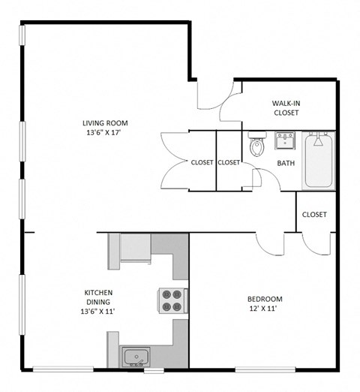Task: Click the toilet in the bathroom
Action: coord(257,144)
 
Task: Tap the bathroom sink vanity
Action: coord(284,140)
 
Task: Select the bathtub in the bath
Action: coord(319,161)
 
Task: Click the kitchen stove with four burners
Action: coord(172,300)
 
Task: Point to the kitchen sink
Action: coord(136,356)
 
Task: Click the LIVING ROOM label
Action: coord(105,124)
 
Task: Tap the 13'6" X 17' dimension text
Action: coord(105,134)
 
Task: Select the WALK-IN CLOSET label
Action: coord(285,107)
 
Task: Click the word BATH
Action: coord(286,163)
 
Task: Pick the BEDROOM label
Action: coord(265,300)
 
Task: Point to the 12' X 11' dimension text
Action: coord(265,309)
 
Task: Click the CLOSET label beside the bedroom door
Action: coord(314,215)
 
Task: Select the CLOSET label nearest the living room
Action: coord(202,162)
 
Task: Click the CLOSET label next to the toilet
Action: coord(229,162)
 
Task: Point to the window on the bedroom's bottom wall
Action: coord(258,369)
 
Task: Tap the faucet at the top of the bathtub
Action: coord(319,139)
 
